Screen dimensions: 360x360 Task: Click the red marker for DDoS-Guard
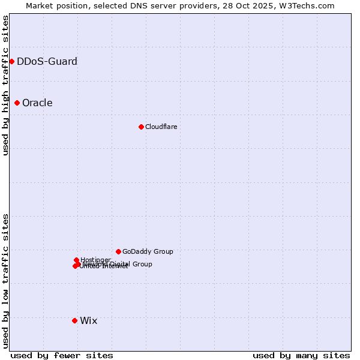(11, 61)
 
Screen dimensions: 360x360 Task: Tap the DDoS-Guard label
(47, 61)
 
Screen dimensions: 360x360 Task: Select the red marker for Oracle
(17, 103)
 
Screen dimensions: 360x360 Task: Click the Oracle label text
(37, 103)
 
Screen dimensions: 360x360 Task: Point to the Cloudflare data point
(141, 127)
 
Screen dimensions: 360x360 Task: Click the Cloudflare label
(161, 127)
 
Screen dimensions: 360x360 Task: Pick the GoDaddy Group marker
(118, 251)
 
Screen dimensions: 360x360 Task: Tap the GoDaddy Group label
(148, 251)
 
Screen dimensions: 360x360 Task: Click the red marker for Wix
(74, 320)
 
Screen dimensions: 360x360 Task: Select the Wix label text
(88, 320)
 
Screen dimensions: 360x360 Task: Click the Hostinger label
(95, 260)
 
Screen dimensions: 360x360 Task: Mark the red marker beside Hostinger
(76, 260)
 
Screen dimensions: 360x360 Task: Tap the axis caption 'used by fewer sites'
(62, 355)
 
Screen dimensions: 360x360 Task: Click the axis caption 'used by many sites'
(301, 355)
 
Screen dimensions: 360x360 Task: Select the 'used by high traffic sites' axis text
(5, 85)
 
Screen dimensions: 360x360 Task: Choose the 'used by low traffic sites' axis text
(5, 281)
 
